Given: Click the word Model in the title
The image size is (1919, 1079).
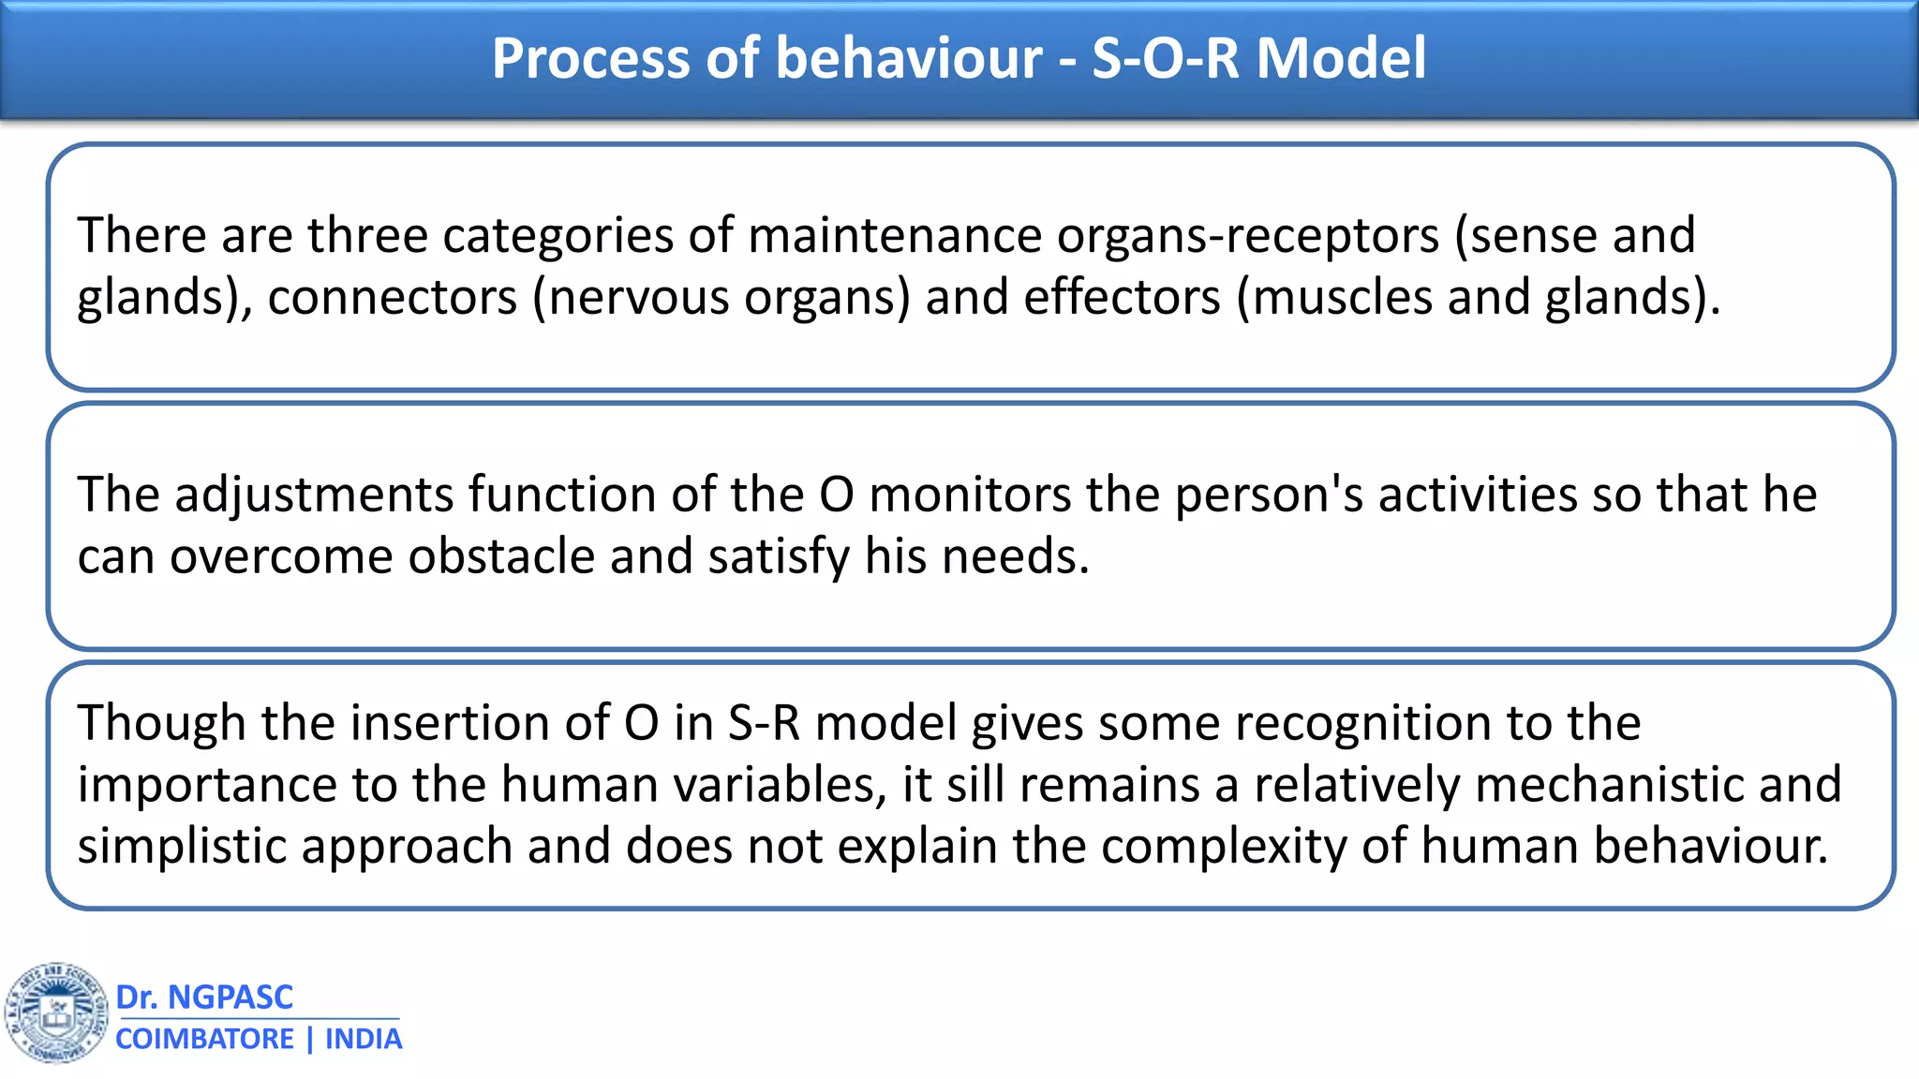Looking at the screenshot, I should click(x=1340, y=58).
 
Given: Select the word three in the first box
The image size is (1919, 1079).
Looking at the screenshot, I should click(x=367, y=235).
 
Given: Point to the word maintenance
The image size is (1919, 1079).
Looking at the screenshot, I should click(x=894, y=235).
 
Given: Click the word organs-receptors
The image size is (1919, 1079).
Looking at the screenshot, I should click(x=1247, y=235).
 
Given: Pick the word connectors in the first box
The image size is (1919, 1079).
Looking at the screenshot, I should click(x=392, y=298).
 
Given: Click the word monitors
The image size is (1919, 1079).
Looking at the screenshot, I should click(x=970, y=495).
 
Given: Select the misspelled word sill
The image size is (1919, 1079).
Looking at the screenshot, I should click(x=974, y=785).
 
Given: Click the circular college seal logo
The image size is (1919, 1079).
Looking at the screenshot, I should click(x=56, y=1012).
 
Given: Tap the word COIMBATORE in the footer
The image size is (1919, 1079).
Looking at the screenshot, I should click(x=204, y=1040).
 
